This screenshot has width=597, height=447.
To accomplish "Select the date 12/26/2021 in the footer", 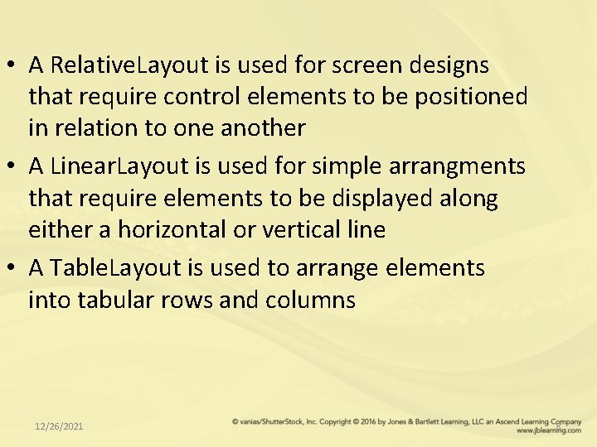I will [59, 426].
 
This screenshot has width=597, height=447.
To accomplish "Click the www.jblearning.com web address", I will [548, 431].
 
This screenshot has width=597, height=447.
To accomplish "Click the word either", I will [61, 230].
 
